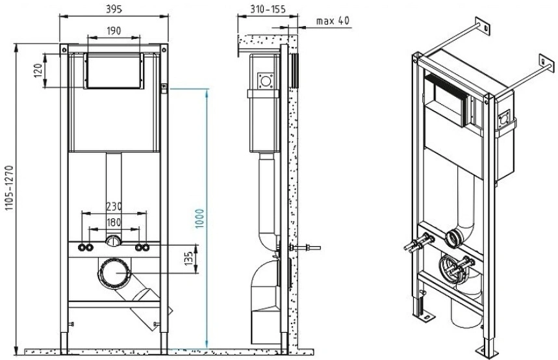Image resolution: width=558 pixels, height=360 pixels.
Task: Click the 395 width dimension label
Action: point(114,8)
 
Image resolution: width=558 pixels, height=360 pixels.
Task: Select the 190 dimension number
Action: point(114,31)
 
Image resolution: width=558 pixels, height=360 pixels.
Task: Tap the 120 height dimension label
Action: point(39,70)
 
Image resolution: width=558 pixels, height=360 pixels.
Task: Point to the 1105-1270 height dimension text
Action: point(8,188)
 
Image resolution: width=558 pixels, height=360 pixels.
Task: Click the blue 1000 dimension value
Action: point(200,218)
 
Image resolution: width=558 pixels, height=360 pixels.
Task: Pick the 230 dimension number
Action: point(114,206)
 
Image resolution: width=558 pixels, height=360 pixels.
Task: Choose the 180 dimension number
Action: point(114,222)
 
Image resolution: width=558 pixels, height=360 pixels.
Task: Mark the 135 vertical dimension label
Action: point(189,258)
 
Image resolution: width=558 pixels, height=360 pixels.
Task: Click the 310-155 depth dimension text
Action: point(268,9)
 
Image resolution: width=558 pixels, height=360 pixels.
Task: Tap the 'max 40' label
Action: point(333,21)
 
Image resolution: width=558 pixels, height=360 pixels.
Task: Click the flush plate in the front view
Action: point(114,71)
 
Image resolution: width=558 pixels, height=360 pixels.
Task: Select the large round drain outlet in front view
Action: point(114,272)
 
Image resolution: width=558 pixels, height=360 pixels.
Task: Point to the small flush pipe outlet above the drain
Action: point(114,242)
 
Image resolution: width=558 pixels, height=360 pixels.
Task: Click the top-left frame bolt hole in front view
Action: point(64,49)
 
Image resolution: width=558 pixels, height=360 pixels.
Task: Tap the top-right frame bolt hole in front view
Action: point(164,49)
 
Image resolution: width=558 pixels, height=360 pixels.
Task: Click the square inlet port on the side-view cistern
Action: point(266,81)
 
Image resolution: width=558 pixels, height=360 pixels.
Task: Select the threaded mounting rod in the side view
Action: point(305,248)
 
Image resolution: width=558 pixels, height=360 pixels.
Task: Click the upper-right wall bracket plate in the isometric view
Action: point(546,64)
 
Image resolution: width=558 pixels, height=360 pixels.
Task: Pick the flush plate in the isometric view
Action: point(449,99)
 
